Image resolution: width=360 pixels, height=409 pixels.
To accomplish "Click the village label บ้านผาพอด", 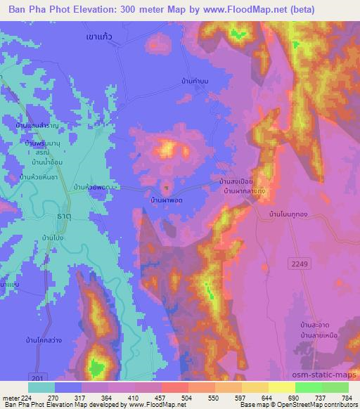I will click(x=167, y=200).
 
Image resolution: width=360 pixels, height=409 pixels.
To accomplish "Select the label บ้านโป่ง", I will click(x=54, y=238).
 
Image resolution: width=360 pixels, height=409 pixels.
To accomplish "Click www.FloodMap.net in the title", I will click(x=241, y=8).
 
